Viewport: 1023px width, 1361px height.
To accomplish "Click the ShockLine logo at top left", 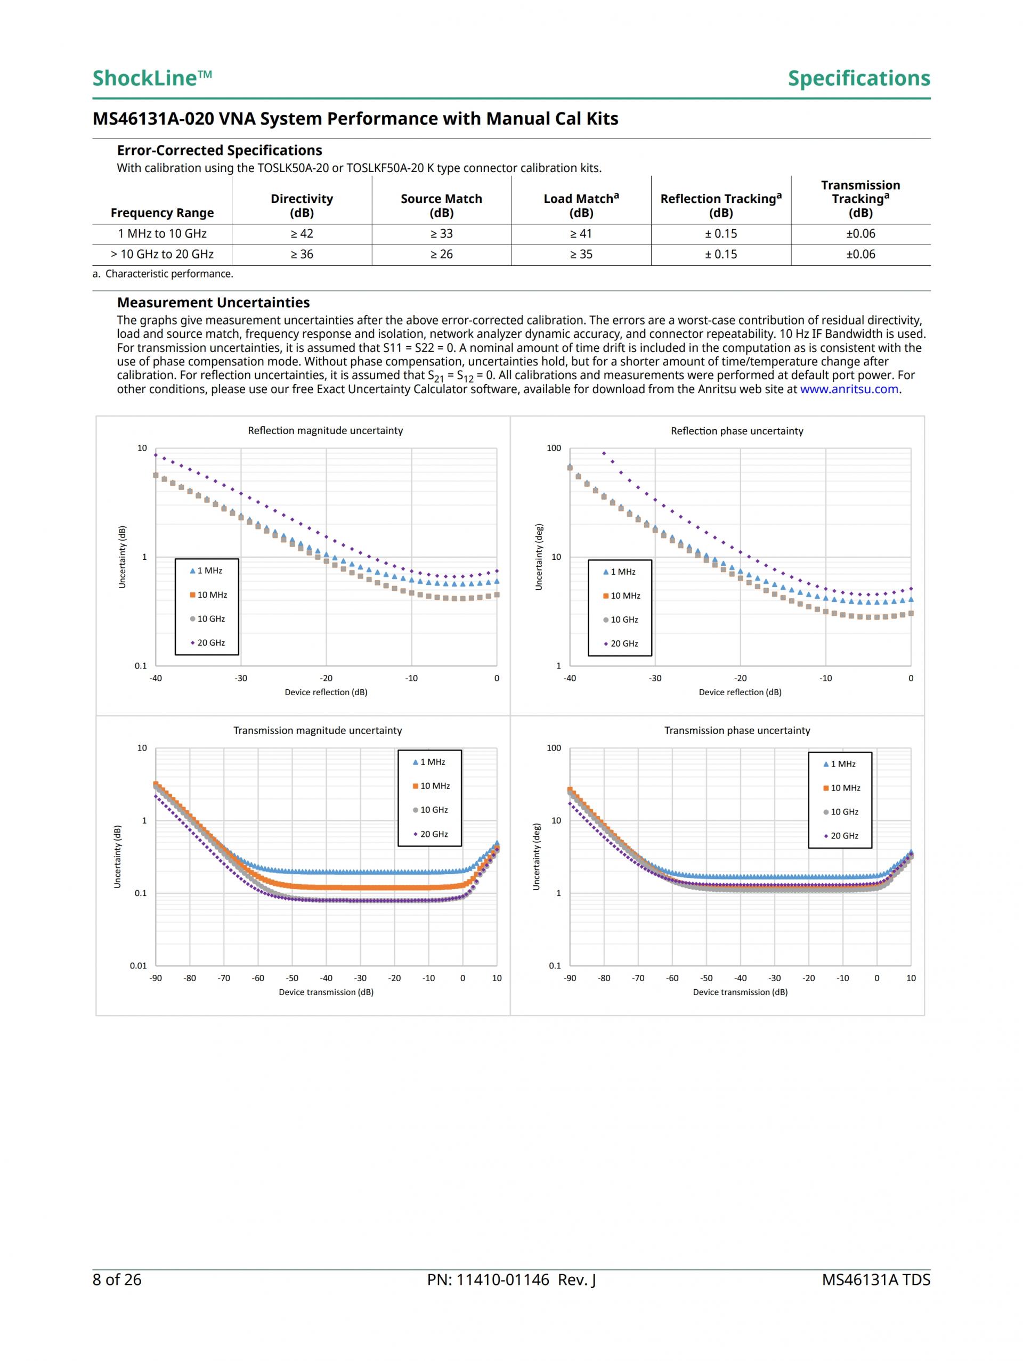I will click(x=151, y=78).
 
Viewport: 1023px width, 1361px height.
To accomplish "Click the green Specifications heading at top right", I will click(x=859, y=78).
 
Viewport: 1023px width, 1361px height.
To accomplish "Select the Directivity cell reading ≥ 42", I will click(x=302, y=234).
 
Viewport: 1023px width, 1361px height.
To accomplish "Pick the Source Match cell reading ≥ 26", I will click(x=441, y=254).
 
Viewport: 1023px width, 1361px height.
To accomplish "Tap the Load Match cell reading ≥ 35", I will click(x=581, y=254).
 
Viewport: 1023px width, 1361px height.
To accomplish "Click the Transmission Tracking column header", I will click(x=860, y=199).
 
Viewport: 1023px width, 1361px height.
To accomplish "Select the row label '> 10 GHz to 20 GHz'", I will click(x=162, y=254).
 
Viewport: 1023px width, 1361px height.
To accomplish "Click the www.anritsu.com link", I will click(x=849, y=389).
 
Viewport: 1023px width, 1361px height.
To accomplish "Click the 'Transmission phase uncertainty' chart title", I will click(x=737, y=730).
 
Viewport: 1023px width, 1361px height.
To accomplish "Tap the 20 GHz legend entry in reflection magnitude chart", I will click(x=207, y=643).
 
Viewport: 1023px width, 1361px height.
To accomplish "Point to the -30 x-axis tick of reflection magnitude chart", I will click(x=241, y=678).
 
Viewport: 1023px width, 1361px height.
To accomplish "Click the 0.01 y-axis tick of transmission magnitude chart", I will click(x=139, y=965).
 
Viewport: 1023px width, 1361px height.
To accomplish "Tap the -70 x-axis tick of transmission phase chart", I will click(x=638, y=977).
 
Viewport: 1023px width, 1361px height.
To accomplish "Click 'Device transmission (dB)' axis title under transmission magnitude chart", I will click(x=326, y=992).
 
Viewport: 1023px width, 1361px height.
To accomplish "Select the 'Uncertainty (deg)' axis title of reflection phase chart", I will click(x=539, y=557).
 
